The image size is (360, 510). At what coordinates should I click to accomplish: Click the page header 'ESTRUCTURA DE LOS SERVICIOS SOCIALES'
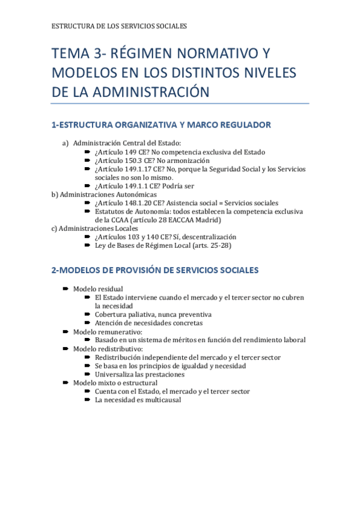click(120, 26)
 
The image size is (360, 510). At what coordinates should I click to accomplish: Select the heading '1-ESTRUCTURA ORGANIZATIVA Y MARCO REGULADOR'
click(161, 125)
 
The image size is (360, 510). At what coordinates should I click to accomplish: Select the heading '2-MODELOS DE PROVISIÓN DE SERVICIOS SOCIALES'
click(155, 270)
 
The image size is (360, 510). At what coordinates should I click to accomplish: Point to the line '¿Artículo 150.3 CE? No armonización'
click(152, 161)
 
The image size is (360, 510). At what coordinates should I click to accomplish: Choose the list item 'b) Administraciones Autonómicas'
click(104, 194)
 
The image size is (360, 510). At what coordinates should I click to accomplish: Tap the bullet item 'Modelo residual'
click(98, 289)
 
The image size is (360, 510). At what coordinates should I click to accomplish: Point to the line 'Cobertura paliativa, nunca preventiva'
click(153, 314)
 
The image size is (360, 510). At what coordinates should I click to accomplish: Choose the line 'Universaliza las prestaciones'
click(139, 374)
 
